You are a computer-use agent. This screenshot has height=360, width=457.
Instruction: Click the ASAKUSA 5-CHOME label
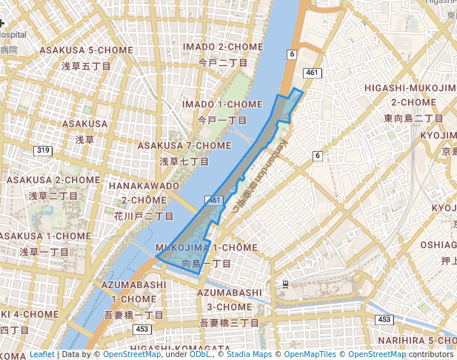pyautogui.click(x=75, y=50)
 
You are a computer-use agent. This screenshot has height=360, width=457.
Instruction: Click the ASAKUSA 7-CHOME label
pyautogui.click(x=184, y=145)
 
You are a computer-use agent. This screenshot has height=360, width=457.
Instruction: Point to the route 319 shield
pyautogui.click(x=43, y=150)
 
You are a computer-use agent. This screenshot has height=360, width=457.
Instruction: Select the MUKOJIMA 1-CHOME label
pyautogui.click(x=207, y=247)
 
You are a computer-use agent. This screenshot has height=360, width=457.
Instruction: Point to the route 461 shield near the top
pyautogui.click(x=313, y=72)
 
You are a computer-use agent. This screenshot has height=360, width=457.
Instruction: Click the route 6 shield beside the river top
pyautogui.click(x=292, y=54)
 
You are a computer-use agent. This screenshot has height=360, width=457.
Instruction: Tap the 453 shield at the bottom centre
pyautogui.click(x=142, y=328)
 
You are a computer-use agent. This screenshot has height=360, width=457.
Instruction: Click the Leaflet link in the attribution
pyautogui.click(x=41, y=355)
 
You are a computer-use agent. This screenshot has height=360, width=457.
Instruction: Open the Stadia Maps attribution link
pyautogui.click(x=249, y=355)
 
